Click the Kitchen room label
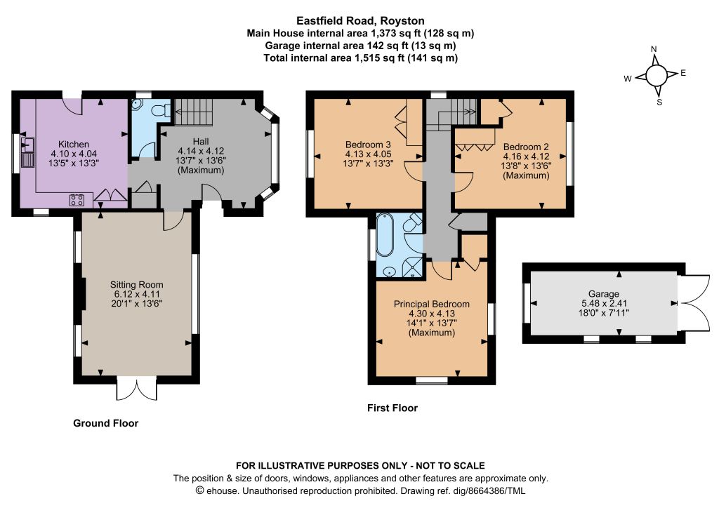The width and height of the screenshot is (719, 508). point(73,145)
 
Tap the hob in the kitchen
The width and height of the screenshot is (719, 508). point(77,200)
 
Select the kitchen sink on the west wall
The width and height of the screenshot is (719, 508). point(27,152)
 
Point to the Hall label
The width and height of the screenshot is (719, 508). point(201,141)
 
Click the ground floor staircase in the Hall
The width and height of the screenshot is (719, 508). point(194,112)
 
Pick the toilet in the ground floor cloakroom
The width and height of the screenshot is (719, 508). point(161,111)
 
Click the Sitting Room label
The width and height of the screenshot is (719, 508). point(137,284)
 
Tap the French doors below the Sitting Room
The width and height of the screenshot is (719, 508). point(137,389)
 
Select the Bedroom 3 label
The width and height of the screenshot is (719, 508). point(368,145)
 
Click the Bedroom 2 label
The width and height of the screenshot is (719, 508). point(526,147)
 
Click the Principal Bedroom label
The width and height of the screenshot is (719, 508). point(432,304)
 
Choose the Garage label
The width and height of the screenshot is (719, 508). point(604,293)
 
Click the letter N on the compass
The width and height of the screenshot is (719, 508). point(654,49)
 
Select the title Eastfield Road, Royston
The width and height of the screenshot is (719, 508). point(360,20)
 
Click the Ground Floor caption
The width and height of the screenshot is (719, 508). point(106,423)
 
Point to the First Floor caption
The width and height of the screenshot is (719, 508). point(393,408)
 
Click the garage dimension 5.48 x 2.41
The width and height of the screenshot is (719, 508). point(604,303)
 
